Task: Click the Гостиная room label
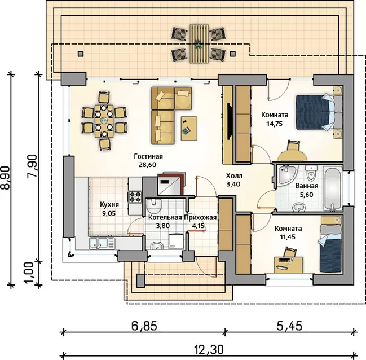148,156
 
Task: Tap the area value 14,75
275,124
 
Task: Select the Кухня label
109,205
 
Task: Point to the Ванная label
307,186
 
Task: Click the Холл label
234,175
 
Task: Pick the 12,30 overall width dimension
209,349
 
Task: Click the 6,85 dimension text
144,326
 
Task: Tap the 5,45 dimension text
289,326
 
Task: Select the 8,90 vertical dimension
6,178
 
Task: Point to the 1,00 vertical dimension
30,273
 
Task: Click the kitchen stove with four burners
135,196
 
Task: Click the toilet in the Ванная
311,173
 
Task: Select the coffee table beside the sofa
189,128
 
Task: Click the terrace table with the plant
198,43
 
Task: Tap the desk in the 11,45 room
288,265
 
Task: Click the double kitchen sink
102,243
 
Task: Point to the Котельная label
165,217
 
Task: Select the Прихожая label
201,217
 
